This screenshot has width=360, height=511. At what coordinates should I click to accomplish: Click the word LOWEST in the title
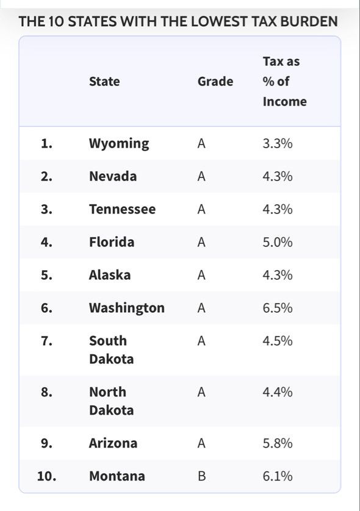(219, 21)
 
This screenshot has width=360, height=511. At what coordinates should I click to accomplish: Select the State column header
(104, 81)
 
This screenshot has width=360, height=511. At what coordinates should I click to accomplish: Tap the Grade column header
(215, 81)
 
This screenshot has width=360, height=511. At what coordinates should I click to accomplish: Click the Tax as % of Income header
(285, 81)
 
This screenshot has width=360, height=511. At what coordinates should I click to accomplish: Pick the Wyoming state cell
(119, 143)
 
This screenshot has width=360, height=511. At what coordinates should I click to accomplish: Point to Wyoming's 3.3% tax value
(278, 143)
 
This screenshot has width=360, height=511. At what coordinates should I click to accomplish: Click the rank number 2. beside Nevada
(46, 176)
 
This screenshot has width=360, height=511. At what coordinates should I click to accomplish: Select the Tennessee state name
(122, 209)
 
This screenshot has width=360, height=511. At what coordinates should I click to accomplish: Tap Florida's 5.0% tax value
(278, 242)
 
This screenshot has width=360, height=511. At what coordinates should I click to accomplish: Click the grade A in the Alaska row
(201, 275)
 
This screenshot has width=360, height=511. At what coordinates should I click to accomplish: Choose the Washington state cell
(127, 308)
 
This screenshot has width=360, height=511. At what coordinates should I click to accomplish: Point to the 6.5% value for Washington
(278, 308)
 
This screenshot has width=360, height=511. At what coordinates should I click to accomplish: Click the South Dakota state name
(111, 349)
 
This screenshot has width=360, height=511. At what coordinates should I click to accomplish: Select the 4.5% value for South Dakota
(278, 341)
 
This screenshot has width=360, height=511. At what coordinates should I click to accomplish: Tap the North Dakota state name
(111, 401)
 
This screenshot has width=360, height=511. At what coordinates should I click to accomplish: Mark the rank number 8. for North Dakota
(46, 392)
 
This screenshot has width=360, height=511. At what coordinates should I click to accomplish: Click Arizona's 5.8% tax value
(278, 443)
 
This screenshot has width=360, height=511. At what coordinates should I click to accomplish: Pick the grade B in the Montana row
(201, 476)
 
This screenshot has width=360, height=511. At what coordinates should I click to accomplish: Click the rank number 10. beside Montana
(46, 476)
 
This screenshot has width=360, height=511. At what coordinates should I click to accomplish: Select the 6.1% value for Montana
(278, 476)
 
